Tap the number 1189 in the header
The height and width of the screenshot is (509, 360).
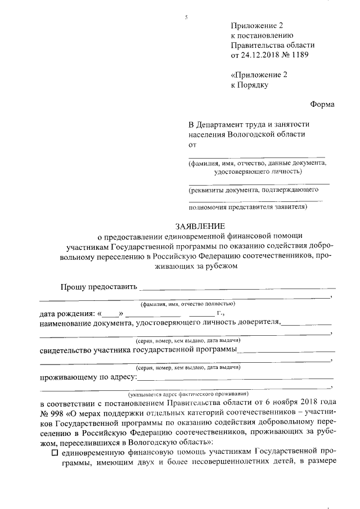coord(299,55)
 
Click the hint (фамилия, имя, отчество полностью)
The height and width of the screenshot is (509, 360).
coord(187,303)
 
